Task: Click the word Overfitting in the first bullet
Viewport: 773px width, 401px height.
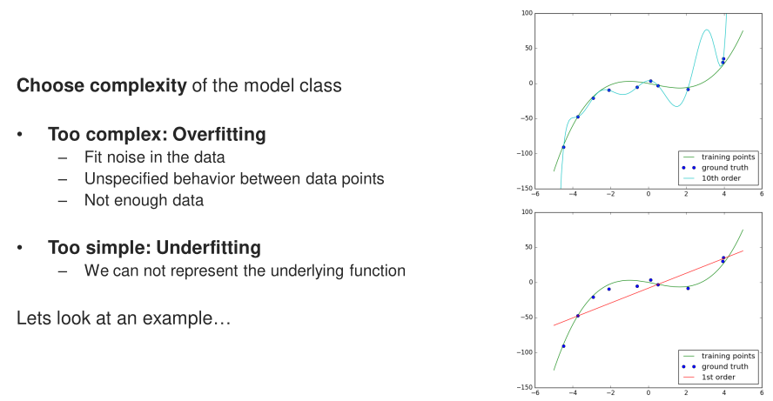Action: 218,135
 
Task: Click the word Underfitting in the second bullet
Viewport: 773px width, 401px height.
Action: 208,248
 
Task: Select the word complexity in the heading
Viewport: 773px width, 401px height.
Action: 138,86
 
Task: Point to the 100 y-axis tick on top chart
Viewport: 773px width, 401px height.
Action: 527,13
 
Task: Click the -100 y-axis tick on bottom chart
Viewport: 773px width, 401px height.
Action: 525,352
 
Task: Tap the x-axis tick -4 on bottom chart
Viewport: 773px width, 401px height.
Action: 573,392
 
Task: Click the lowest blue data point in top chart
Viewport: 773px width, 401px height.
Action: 563,147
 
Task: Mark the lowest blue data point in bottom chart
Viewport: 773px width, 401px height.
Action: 563,346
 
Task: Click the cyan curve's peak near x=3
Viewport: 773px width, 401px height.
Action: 707,30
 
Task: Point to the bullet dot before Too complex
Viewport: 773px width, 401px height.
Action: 20,134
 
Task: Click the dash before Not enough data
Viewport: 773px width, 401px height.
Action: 62,200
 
